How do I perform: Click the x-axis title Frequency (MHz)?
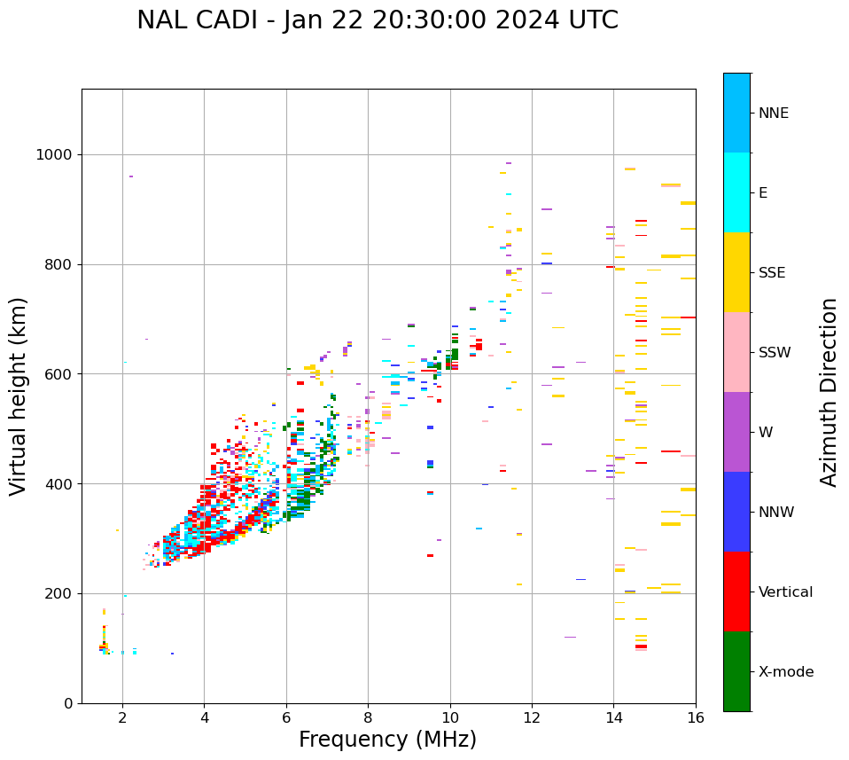pyautogui.click(x=387, y=740)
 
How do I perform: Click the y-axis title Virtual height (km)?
pyautogui.click(x=19, y=396)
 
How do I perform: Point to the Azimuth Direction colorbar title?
pyautogui.click(x=829, y=392)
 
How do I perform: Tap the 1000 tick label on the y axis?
pyautogui.click(x=53, y=155)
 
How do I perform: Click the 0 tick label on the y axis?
pyautogui.click(x=67, y=703)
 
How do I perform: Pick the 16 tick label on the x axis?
pyautogui.click(x=696, y=717)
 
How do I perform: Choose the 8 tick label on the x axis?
pyautogui.click(x=368, y=717)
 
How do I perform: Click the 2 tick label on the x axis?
pyautogui.click(x=122, y=717)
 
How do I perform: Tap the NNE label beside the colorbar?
pyautogui.click(x=773, y=114)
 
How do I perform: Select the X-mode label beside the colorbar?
pyautogui.click(x=785, y=672)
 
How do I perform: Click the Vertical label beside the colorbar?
pyautogui.click(x=785, y=592)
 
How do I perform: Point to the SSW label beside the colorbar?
pyautogui.click(x=775, y=353)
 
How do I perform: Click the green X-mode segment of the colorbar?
pyautogui.click(x=736, y=671)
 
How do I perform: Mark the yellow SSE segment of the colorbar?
pyautogui.click(x=736, y=272)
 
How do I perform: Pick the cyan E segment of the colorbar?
pyautogui.click(x=736, y=192)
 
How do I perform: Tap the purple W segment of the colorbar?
pyautogui.click(x=736, y=432)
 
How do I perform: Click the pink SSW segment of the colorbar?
pyautogui.click(x=736, y=352)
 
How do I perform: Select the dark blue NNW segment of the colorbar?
pyautogui.click(x=736, y=512)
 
